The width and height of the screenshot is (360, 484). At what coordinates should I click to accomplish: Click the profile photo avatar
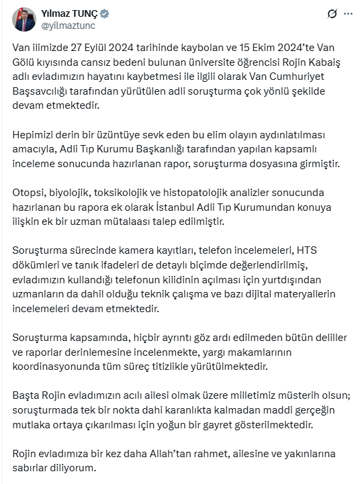coord(24,19)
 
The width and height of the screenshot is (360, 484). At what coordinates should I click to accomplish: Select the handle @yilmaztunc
coord(68,26)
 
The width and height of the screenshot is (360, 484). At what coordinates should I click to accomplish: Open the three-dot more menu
coord(347,13)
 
